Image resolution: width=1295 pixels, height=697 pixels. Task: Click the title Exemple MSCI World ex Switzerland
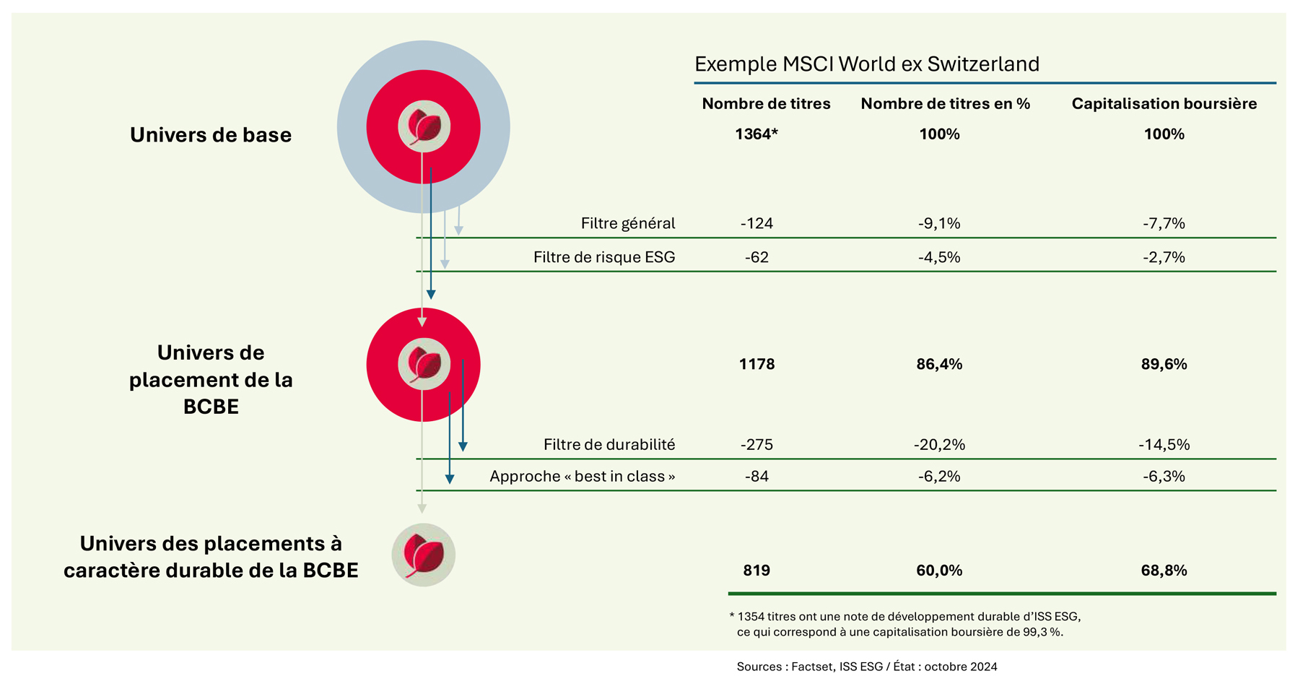tap(866, 64)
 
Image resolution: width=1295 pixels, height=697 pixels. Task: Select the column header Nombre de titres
tap(766, 103)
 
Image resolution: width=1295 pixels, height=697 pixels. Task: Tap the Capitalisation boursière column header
tap(1164, 103)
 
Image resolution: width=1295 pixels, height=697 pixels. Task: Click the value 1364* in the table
tap(756, 134)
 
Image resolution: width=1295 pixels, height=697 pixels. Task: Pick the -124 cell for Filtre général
tap(756, 223)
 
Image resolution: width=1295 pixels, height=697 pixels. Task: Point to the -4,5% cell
tap(939, 257)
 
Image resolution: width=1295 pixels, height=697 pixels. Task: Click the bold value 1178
tap(756, 364)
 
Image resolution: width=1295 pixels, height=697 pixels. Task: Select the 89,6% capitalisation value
tap(1164, 364)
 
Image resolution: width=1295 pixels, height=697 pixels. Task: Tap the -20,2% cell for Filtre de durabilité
tap(939, 444)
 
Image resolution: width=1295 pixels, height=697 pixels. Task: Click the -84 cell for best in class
tap(756, 476)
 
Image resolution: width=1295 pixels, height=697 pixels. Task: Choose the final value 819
tap(756, 570)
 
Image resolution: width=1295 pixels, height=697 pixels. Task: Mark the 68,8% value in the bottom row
tap(1164, 570)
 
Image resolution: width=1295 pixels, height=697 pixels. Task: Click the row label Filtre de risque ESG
tap(604, 257)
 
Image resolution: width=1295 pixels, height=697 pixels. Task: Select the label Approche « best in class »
tap(583, 476)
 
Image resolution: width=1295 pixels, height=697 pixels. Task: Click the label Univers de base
tap(211, 134)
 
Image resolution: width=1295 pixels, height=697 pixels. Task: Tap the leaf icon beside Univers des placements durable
tap(424, 555)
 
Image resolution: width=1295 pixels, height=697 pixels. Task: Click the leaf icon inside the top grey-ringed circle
tap(424, 126)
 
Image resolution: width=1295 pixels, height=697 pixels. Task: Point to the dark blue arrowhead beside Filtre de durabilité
tap(463, 447)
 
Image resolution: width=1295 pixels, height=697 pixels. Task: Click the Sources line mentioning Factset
tap(867, 667)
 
